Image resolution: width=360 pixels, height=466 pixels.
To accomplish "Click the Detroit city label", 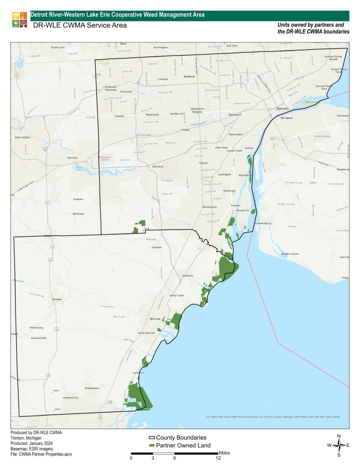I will pos(283,109).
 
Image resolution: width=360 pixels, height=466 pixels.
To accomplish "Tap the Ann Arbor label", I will pos(22,137).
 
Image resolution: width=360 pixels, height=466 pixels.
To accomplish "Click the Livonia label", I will pos(162,79).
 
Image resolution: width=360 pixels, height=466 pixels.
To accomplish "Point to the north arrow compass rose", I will pos(339,445).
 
